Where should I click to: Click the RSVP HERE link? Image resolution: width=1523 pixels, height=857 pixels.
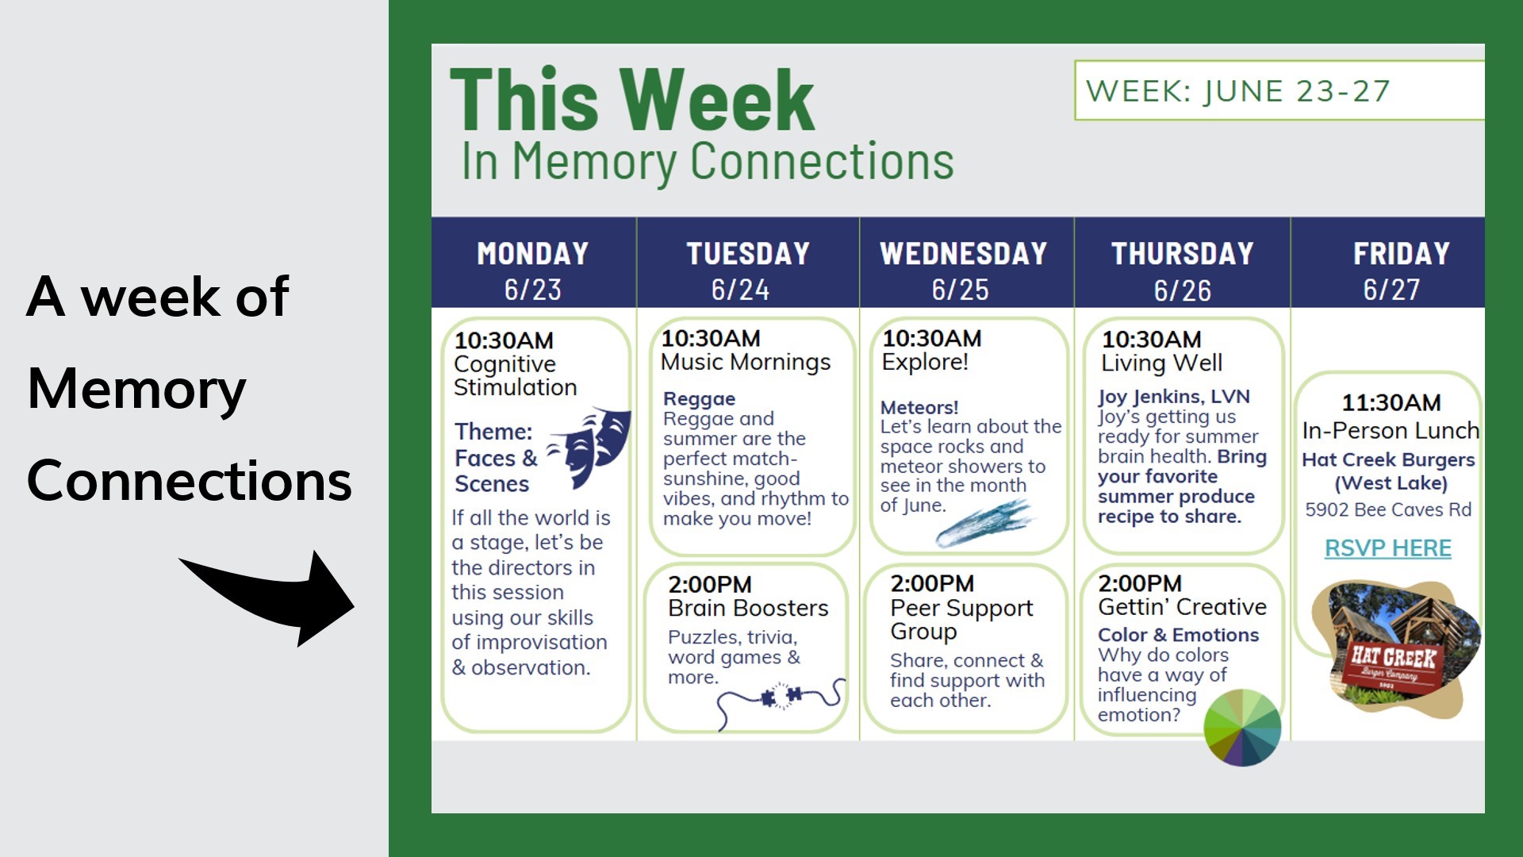pyautogui.click(x=1388, y=548)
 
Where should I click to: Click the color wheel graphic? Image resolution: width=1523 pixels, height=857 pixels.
pyautogui.click(x=1242, y=728)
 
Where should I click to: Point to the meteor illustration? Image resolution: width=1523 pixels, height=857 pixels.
pyautogui.click(x=984, y=523)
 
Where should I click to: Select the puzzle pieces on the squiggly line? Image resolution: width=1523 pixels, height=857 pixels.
pyautogui.click(x=781, y=697)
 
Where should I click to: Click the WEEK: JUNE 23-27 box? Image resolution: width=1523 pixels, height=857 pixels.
pyautogui.click(x=1279, y=90)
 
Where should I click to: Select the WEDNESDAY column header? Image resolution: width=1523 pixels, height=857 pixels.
pyautogui.click(x=964, y=253)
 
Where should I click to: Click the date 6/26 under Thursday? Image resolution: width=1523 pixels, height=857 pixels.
pyautogui.click(x=1183, y=290)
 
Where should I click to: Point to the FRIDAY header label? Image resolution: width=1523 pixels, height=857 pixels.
pyautogui.click(x=1402, y=253)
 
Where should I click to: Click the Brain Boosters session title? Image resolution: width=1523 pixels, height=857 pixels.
pyautogui.click(x=748, y=608)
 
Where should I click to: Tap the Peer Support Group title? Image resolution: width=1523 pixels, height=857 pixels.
pyautogui.click(x=961, y=620)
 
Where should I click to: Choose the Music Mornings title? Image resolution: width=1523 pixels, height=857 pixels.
pyautogui.click(x=746, y=362)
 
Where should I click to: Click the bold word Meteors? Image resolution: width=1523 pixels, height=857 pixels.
pyautogui.click(x=919, y=407)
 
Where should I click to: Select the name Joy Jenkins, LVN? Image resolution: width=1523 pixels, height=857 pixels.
pyautogui.click(x=1174, y=396)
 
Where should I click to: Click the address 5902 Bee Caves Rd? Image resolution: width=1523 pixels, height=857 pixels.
pyautogui.click(x=1388, y=509)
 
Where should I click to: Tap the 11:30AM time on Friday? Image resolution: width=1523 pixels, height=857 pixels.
pyautogui.click(x=1391, y=402)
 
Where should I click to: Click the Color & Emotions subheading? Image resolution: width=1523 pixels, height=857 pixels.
pyautogui.click(x=1178, y=635)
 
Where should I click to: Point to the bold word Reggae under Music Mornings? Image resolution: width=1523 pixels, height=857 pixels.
pyautogui.click(x=700, y=399)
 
